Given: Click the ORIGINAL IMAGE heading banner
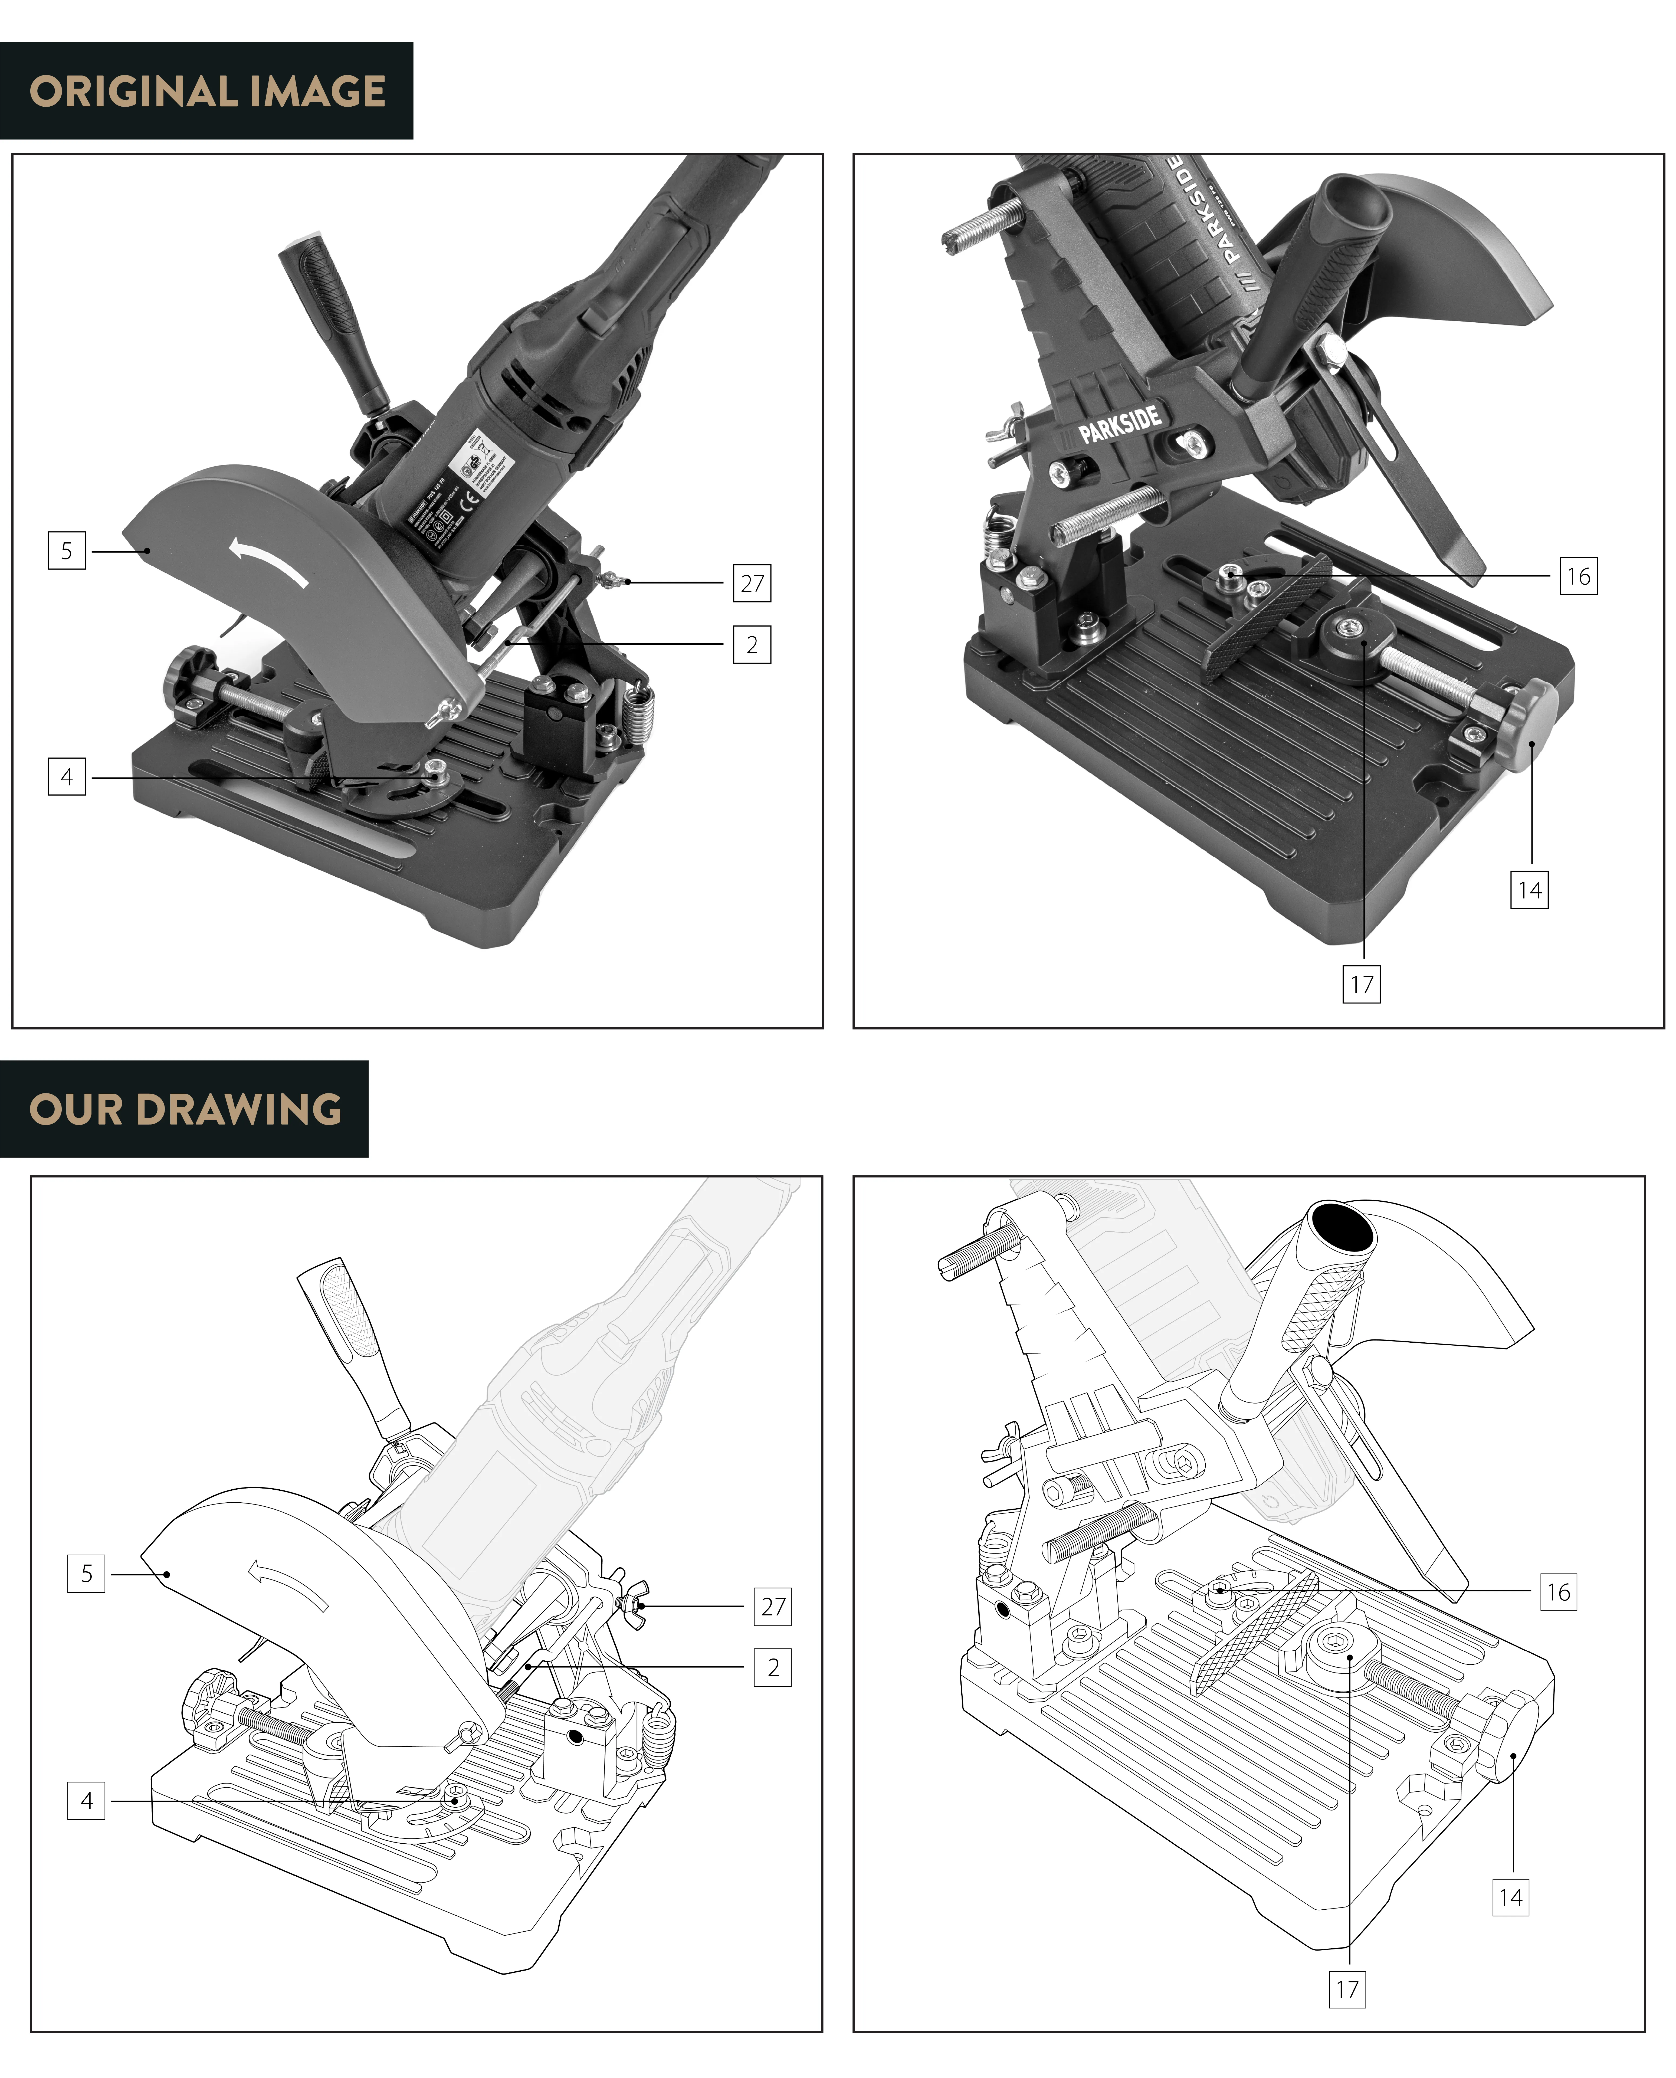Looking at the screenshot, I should pos(206,91).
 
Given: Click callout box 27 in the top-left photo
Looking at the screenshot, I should pos(752,583).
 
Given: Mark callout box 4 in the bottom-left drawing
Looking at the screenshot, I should pos(87,1801).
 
